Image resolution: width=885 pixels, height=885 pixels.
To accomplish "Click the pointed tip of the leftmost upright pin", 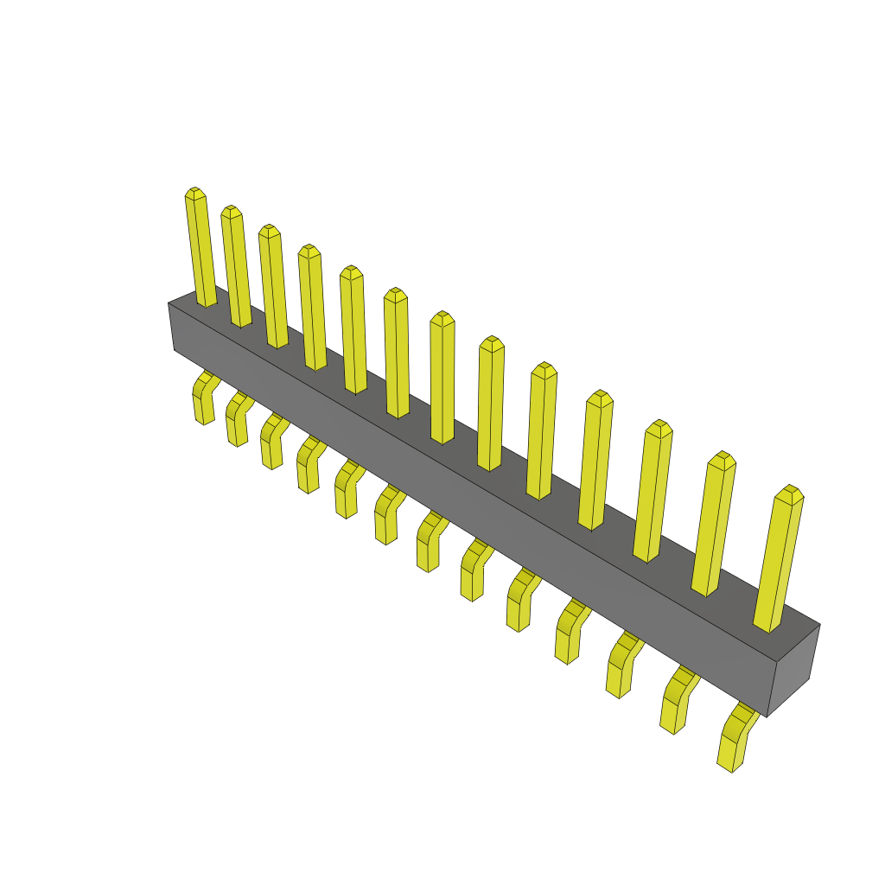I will click(194, 192).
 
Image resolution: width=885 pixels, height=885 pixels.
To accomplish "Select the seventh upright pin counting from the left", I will click(442, 380).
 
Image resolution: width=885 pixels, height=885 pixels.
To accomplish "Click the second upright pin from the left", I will click(236, 268).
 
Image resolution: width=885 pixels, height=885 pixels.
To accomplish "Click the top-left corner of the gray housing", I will click(169, 303).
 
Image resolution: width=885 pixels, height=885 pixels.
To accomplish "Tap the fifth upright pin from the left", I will click(353, 333).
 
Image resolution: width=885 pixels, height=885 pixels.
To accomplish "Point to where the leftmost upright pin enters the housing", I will click(207, 302).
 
